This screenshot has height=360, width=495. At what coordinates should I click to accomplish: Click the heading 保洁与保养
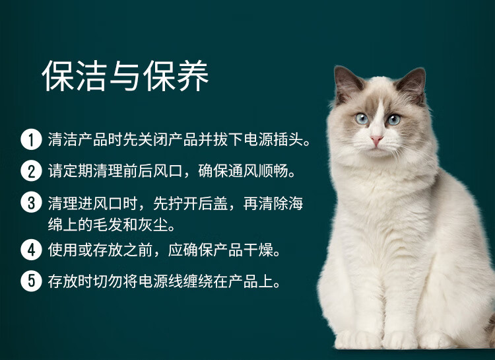[125, 76]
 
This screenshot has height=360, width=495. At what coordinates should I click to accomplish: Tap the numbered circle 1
[31, 139]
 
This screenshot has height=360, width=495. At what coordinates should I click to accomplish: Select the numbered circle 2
[31, 170]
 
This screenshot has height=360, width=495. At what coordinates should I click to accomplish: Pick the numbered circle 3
[31, 202]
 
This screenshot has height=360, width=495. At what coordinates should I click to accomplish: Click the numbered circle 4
[31, 250]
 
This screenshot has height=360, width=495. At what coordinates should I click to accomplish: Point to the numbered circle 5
[31, 281]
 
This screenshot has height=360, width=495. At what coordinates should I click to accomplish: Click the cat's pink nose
[376, 139]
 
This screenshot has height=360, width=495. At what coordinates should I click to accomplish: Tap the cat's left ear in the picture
[347, 83]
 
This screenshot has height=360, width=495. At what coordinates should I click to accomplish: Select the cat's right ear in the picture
[412, 85]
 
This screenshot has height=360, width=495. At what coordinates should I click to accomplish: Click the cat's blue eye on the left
[362, 118]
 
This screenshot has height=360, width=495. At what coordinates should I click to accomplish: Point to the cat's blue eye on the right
[393, 120]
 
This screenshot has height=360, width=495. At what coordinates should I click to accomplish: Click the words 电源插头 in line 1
[273, 139]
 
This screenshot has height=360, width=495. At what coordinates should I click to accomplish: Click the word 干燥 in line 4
[258, 250]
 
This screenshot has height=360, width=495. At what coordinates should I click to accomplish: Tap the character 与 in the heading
[125, 76]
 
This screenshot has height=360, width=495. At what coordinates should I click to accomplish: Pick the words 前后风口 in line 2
[153, 171]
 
